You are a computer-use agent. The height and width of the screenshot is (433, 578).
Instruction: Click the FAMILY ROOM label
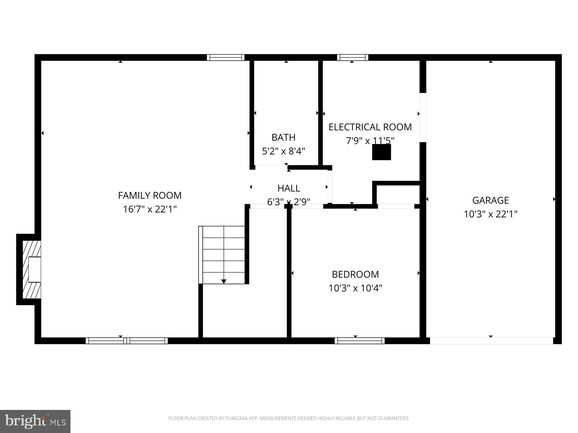click(150, 195)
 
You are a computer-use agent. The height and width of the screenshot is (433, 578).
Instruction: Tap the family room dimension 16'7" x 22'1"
click(150, 209)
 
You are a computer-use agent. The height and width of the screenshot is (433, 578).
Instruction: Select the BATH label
click(283, 137)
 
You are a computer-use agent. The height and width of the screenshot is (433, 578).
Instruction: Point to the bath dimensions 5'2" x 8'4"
click(283, 151)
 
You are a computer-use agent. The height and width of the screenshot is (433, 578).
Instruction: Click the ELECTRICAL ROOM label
click(370, 127)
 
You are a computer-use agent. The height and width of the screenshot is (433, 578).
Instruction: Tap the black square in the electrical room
click(381, 152)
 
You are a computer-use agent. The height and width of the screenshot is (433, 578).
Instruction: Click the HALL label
click(289, 188)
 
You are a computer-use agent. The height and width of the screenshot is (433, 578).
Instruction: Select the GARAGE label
click(490, 200)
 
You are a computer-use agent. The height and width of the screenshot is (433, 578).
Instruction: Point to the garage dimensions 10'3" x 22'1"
click(490, 214)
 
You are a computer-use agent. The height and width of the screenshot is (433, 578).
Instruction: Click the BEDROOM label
click(355, 274)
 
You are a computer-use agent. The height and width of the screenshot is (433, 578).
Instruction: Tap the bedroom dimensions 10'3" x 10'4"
click(355, 288)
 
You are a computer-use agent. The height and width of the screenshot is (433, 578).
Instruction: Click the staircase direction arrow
click(224, 281)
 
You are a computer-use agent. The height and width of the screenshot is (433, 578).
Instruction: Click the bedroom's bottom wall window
click(359, 341)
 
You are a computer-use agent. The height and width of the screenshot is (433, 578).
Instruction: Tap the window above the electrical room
click(353, 57)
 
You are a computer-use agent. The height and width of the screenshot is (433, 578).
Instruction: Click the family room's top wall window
click(226, 57)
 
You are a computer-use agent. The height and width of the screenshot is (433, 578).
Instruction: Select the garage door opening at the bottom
click(491, 341)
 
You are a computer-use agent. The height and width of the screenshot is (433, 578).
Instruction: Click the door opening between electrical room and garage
click(423, 118)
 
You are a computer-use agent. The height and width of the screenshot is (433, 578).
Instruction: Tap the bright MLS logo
click(35, 420)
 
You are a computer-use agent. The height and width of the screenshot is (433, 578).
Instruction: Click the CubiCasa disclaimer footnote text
click(289, 419)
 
